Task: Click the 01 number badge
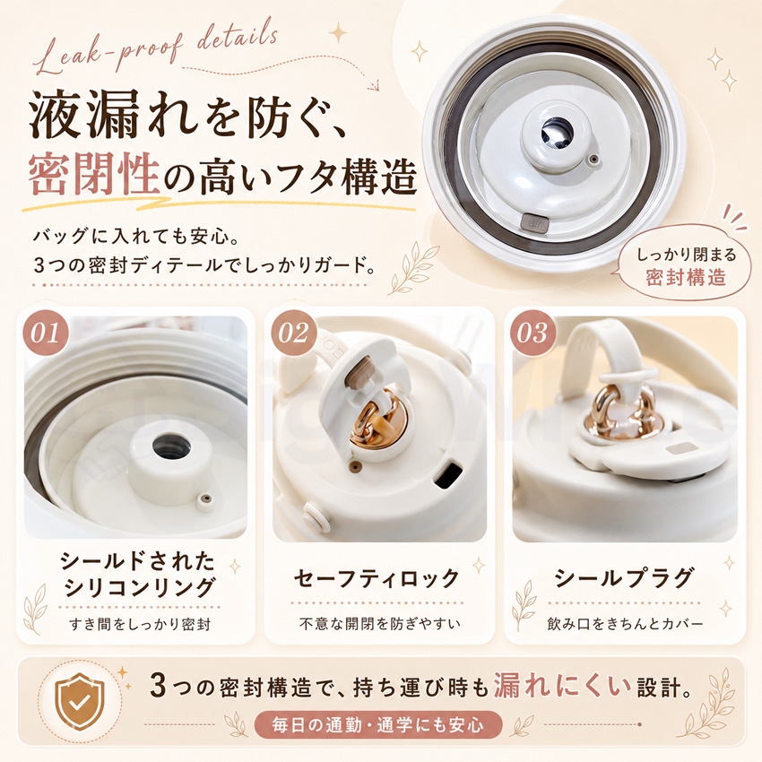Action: tap(45, 333)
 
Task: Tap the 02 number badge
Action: tap(293, 333)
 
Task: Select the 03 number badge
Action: tap(533, 333)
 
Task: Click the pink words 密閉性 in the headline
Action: tap(93, 177)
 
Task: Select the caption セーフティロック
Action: tap(377, 578)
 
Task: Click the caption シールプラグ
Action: tap(624, 578)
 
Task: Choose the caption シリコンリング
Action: tap(138, 587)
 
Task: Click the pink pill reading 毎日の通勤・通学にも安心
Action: tap(377, 725)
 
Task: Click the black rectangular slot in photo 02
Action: tap(448, 475)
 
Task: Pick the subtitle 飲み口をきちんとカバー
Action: tap(625, 624)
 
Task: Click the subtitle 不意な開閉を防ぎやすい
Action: tap(379, 624)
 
